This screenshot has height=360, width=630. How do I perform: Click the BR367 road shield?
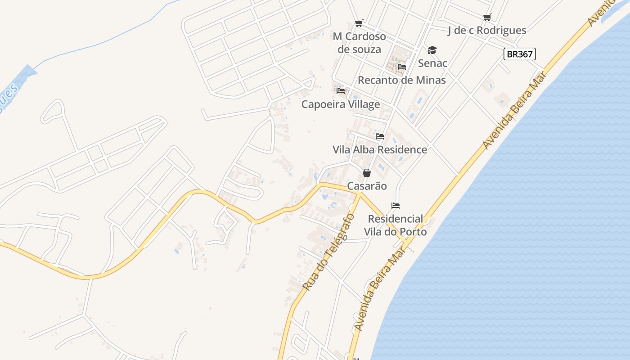(x=520, y=54)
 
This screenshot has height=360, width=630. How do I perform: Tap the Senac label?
(x=432, y=63)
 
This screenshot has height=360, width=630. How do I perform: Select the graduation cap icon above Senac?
(x=432, y=50)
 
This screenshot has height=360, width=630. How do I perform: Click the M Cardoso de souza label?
(x=359, y=43)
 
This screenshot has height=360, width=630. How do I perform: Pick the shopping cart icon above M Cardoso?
(x=359, y=23)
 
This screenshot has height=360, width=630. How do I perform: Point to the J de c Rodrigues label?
(x=487, y=30)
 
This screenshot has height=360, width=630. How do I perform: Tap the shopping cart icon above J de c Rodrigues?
(x=487, y=17)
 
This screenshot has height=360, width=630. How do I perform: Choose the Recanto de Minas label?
(x=401, y=80)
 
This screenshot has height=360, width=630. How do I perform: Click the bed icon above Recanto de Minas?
(x=402, y=67)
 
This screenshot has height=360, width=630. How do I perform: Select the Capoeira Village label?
(x=341, y=104)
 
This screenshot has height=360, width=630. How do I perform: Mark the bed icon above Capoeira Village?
(x=341, y=91)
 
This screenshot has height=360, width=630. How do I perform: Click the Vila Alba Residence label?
(x=380, y=149)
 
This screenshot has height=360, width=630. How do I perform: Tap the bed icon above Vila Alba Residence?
(x=380, y=136)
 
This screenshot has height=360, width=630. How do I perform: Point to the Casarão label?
(x=367, y=186)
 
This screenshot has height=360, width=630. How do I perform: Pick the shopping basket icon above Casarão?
(x=367, y=173)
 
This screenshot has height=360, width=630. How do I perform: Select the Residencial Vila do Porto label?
(x=395, y=225)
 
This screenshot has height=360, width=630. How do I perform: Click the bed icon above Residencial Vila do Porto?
(x=396, y=206)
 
